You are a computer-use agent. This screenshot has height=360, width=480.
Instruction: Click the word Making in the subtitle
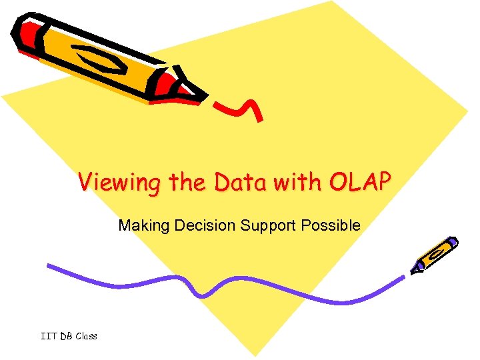coord(144,225)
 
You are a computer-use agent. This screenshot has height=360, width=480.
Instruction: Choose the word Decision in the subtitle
coord(205,225)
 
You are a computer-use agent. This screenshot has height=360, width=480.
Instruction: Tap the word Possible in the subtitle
coord(331,225)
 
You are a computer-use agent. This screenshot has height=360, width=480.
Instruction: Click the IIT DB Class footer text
coord(69,336)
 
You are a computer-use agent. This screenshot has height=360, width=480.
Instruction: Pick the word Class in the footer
coord(86,336)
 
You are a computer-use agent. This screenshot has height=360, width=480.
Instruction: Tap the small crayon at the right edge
coord(435,255)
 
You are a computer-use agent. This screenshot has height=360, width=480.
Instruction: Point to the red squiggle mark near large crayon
coord(240,107)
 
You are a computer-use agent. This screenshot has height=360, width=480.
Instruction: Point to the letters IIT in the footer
coord(48,336)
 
